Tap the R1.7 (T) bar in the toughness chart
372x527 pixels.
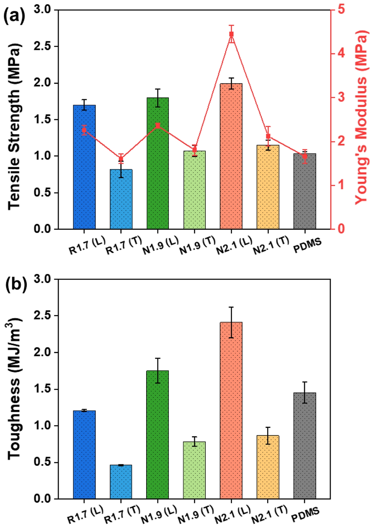121,482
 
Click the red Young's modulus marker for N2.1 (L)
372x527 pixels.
231,34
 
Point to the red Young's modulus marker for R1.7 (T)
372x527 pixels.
121,159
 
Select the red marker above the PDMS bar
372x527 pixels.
305,156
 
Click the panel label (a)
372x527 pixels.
14,17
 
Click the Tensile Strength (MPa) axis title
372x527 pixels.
14,126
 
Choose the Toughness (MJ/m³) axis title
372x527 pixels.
14,388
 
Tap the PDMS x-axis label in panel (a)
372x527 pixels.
307,246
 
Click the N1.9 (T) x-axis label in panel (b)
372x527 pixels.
196,515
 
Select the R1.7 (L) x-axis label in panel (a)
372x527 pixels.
87,245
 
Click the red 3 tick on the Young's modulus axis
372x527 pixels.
341,97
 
